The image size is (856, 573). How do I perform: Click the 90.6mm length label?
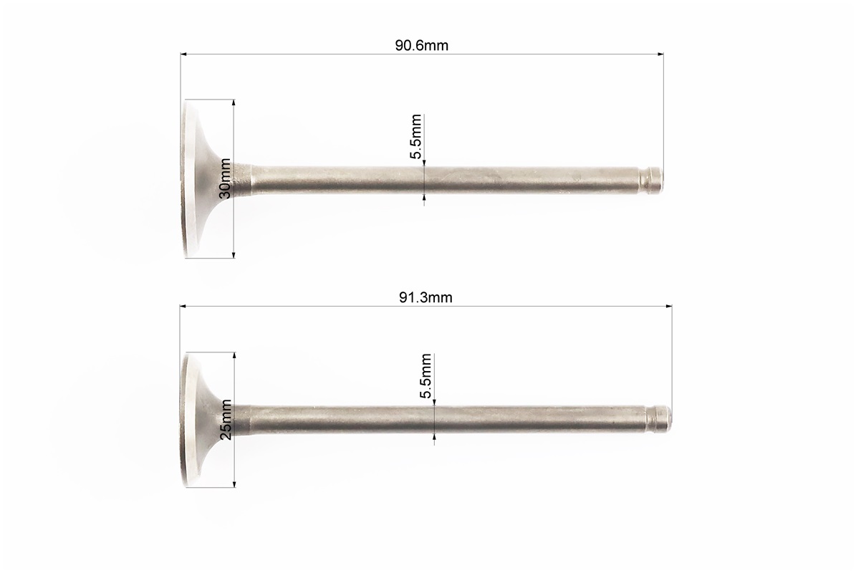421,45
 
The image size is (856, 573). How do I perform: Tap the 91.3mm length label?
425,297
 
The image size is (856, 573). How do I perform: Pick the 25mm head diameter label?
226,419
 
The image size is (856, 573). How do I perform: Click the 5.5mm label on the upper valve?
416,136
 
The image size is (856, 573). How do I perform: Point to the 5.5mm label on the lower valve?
426,377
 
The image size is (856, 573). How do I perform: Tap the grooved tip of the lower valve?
660,418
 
